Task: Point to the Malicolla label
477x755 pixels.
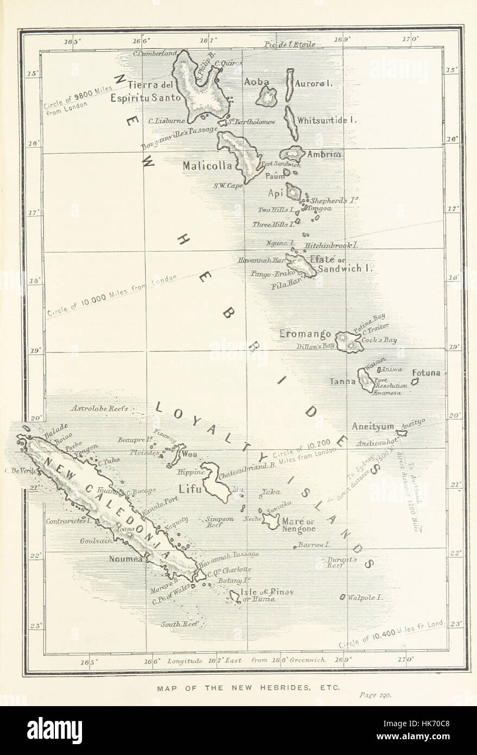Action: click(208, 165)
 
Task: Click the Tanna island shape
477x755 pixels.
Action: click(365, 380)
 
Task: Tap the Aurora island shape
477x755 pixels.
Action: click(290, 85)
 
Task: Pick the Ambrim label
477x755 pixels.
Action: click(324, 154)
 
